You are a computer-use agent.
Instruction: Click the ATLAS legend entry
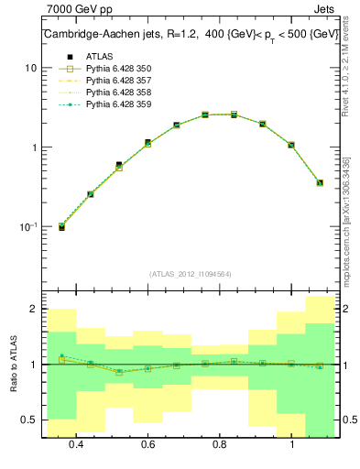tap(98, 57)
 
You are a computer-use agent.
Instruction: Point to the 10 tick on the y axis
tap(31, 68)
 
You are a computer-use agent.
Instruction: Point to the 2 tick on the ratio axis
tap(33, 310)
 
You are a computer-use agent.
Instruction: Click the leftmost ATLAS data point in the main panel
tap(61, 226)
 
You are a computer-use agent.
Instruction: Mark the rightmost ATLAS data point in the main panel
tap(320, 182)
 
